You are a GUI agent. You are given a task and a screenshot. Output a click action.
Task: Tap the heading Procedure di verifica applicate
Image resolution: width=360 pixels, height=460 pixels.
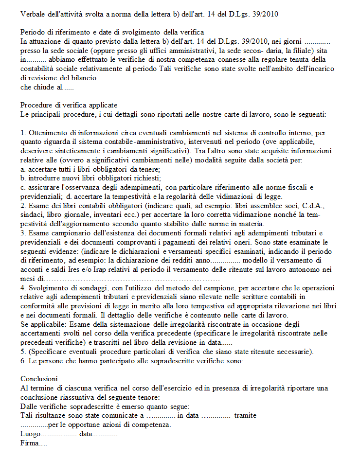tap(69, 105)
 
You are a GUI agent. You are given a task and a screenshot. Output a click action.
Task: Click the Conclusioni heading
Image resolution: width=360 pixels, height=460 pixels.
tap(39, 378)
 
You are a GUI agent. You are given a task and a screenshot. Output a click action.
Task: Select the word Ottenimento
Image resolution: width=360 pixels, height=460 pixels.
tap(50, 132)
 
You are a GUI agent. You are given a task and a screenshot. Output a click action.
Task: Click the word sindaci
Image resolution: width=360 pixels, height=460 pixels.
tap(32, 214)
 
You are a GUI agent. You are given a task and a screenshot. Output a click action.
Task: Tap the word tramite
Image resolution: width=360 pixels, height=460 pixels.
tap(245, 415)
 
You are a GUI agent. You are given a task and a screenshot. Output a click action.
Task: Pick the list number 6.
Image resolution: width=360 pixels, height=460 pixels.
tap(23, 361)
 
